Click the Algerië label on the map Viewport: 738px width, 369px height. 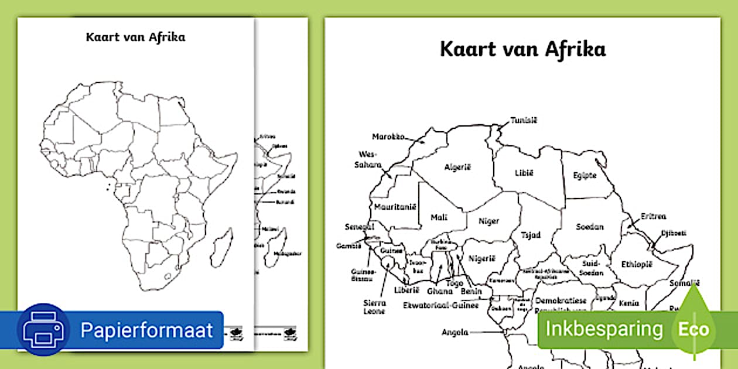coord(457,167)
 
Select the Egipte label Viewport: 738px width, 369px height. coord(585,175)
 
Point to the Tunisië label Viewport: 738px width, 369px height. coord(523,121)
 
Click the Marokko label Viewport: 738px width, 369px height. coord(388,137)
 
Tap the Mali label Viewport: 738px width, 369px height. coord(439,217)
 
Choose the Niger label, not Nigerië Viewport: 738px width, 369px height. coord(488,221)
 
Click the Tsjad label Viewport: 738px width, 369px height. coord(531,235)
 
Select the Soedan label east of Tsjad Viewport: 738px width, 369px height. coord(589,227)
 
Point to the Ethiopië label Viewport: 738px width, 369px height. coord(637,264)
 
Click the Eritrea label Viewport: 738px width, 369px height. coord(653,216)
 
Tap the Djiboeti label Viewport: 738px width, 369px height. coord(673,233)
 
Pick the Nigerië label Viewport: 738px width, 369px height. coord(482,258)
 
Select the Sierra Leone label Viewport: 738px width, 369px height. coord(374,307)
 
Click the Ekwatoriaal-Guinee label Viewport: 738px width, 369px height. coord(440,305)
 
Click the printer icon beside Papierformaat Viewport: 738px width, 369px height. coord(43,330)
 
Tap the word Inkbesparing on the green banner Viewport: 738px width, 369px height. coord(604,329)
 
